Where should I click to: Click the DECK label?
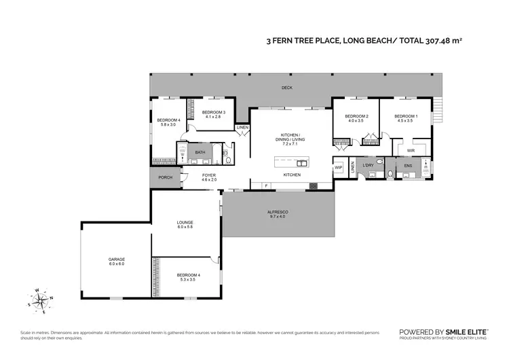tap(287, 88)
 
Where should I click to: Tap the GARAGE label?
tap(116, 261)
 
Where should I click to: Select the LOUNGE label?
tap(185, 224)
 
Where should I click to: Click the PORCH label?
tap(165, 178)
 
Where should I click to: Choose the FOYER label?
tap(209, 177)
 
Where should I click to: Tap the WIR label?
tap(411, 151)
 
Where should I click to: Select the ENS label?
tap(408, 166)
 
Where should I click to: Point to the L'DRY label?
tap(369, 166)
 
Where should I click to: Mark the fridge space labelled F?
tap(266, 185)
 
